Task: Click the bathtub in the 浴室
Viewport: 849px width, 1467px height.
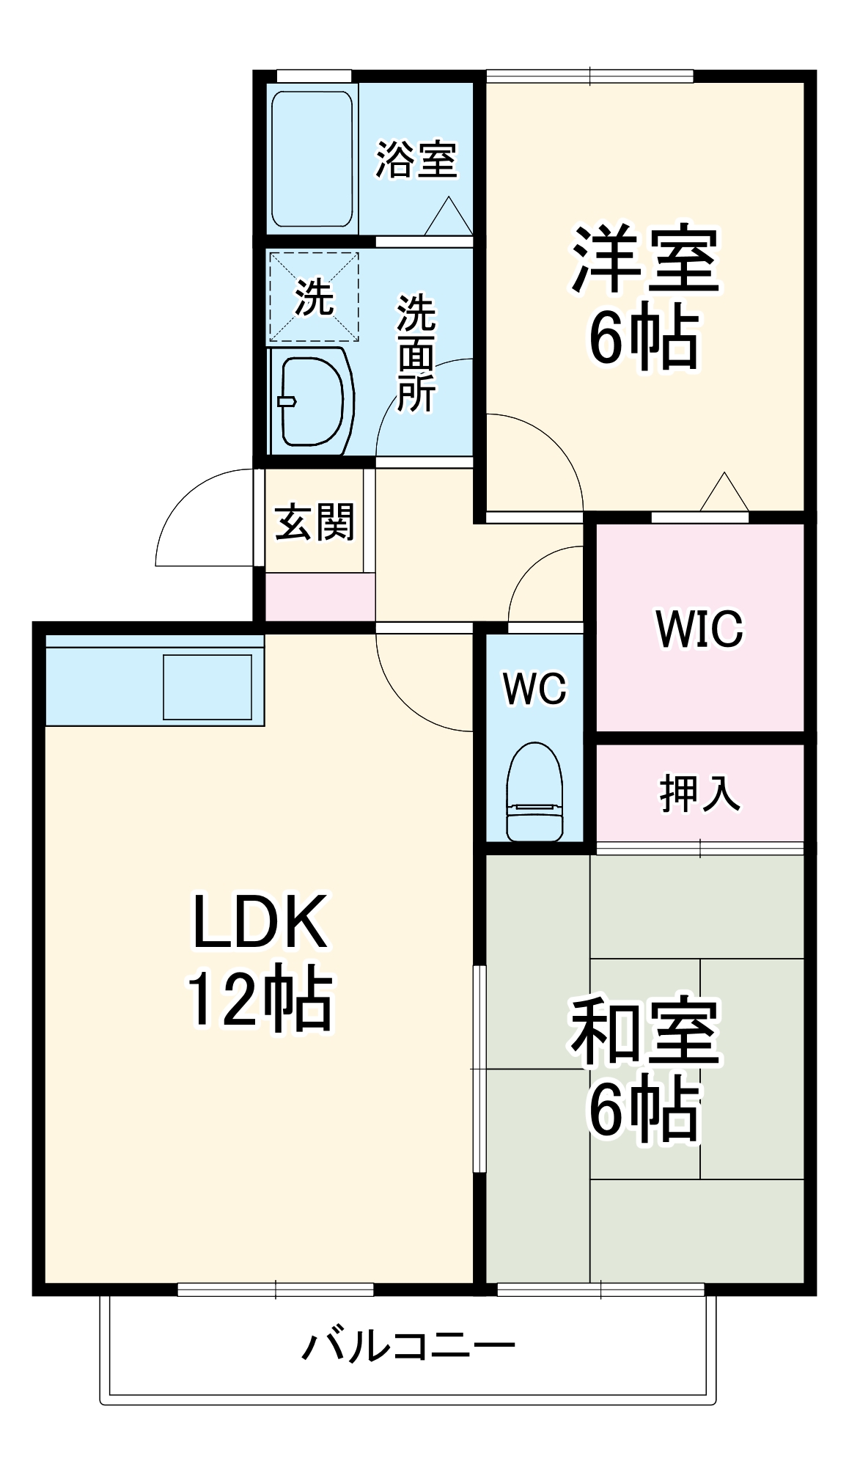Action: pyautogui.click(x=312, y=158)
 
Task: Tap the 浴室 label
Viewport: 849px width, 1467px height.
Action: pyautogui.click(x=416, y=159)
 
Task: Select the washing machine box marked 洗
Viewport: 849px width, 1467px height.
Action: pyautogui.click(x=314, y=297)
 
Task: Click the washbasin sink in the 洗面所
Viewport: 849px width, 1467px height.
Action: pyautogui.click(x=312, y=401)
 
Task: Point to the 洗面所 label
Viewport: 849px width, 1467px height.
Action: pyautogui.click(x=416, y=353)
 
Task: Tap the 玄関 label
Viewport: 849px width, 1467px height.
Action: pyautogui.click(x=315, y=522)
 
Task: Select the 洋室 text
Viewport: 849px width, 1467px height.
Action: pyautogui.click(x=646, y=260)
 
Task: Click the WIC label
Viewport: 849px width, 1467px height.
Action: pyautogui.click(x=699, y=629)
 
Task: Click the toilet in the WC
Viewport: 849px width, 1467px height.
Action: pyautogui.click(x=534, y=792)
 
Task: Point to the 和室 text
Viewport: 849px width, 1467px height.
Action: pyautogui.click(x=645, y=1031)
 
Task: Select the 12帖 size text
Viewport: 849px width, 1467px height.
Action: pyautogui.click(x=260, y=999)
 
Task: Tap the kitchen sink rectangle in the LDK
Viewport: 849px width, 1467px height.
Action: pyautogui.click(x=207, y=687)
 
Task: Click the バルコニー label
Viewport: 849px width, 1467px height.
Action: pyautogui.click(x=408, y=1346)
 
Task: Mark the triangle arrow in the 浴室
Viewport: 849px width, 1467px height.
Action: pyautogui.click(x=449, y=219)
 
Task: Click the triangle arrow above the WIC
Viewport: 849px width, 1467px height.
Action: pyautogui.click(x=724, y=494)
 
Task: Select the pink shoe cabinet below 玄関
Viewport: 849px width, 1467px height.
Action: pyautogui.click(x=320, y=597)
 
